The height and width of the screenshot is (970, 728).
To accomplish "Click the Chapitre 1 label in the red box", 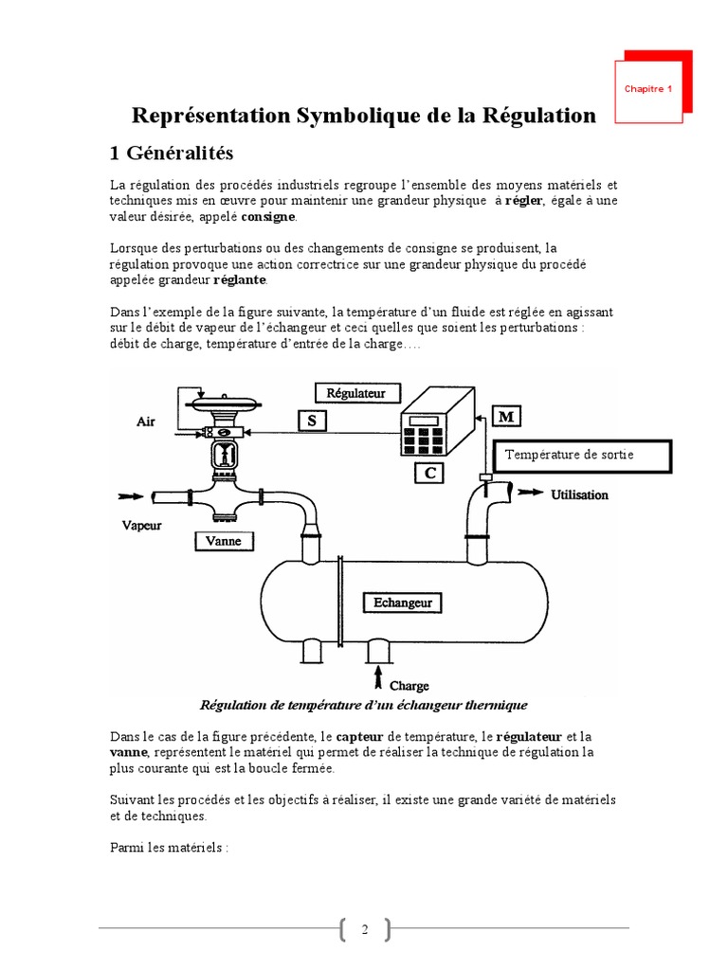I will click(648, 89).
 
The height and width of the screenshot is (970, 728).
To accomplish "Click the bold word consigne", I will click(268, 217).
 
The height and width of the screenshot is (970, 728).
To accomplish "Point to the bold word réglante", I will click(241, 280).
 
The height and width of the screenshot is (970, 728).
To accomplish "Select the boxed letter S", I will click(311, 422).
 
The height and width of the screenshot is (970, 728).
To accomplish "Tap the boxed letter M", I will click(507, 417).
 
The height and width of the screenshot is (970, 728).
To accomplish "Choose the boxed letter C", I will click(429, 473).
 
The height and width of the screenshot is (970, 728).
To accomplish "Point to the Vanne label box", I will click(225, 541).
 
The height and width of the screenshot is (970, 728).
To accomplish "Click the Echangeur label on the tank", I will click(403, 602).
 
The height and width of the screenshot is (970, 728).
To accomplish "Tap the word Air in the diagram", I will click(146, 422).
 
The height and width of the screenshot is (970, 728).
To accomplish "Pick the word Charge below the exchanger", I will click(409, 685).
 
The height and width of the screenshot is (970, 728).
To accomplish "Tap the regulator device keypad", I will click(424, 438).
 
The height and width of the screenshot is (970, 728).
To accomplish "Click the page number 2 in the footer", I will click(364, 931).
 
